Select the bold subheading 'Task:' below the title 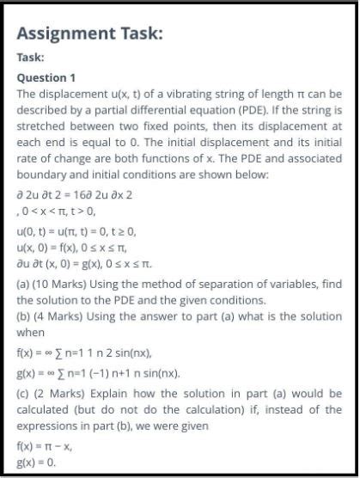coord(31,58)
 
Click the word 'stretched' coord(44,126)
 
